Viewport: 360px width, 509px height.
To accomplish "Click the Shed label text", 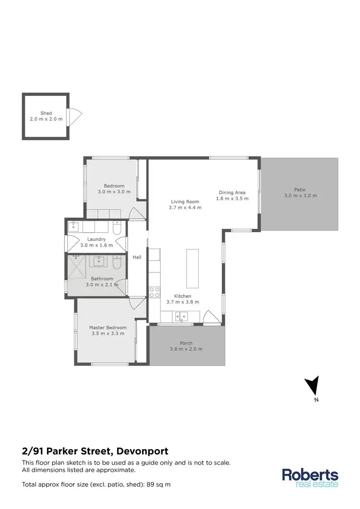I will point(46,113).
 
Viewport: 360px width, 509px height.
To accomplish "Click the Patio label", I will point(300,189).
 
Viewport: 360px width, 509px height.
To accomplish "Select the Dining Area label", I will point(232,192).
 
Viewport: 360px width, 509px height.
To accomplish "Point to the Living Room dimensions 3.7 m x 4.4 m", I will point(185,208).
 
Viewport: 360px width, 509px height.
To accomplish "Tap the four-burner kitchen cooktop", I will point(155,291).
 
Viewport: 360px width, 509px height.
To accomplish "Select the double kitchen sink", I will point(181,316).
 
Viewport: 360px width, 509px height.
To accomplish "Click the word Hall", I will point(137,257).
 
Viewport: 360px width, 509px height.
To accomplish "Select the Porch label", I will point(186,343).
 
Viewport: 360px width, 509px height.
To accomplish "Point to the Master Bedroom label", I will point(108,328).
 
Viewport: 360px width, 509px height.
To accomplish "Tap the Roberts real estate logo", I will point(310,477).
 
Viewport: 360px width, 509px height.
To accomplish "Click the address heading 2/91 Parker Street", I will point(96,451).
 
